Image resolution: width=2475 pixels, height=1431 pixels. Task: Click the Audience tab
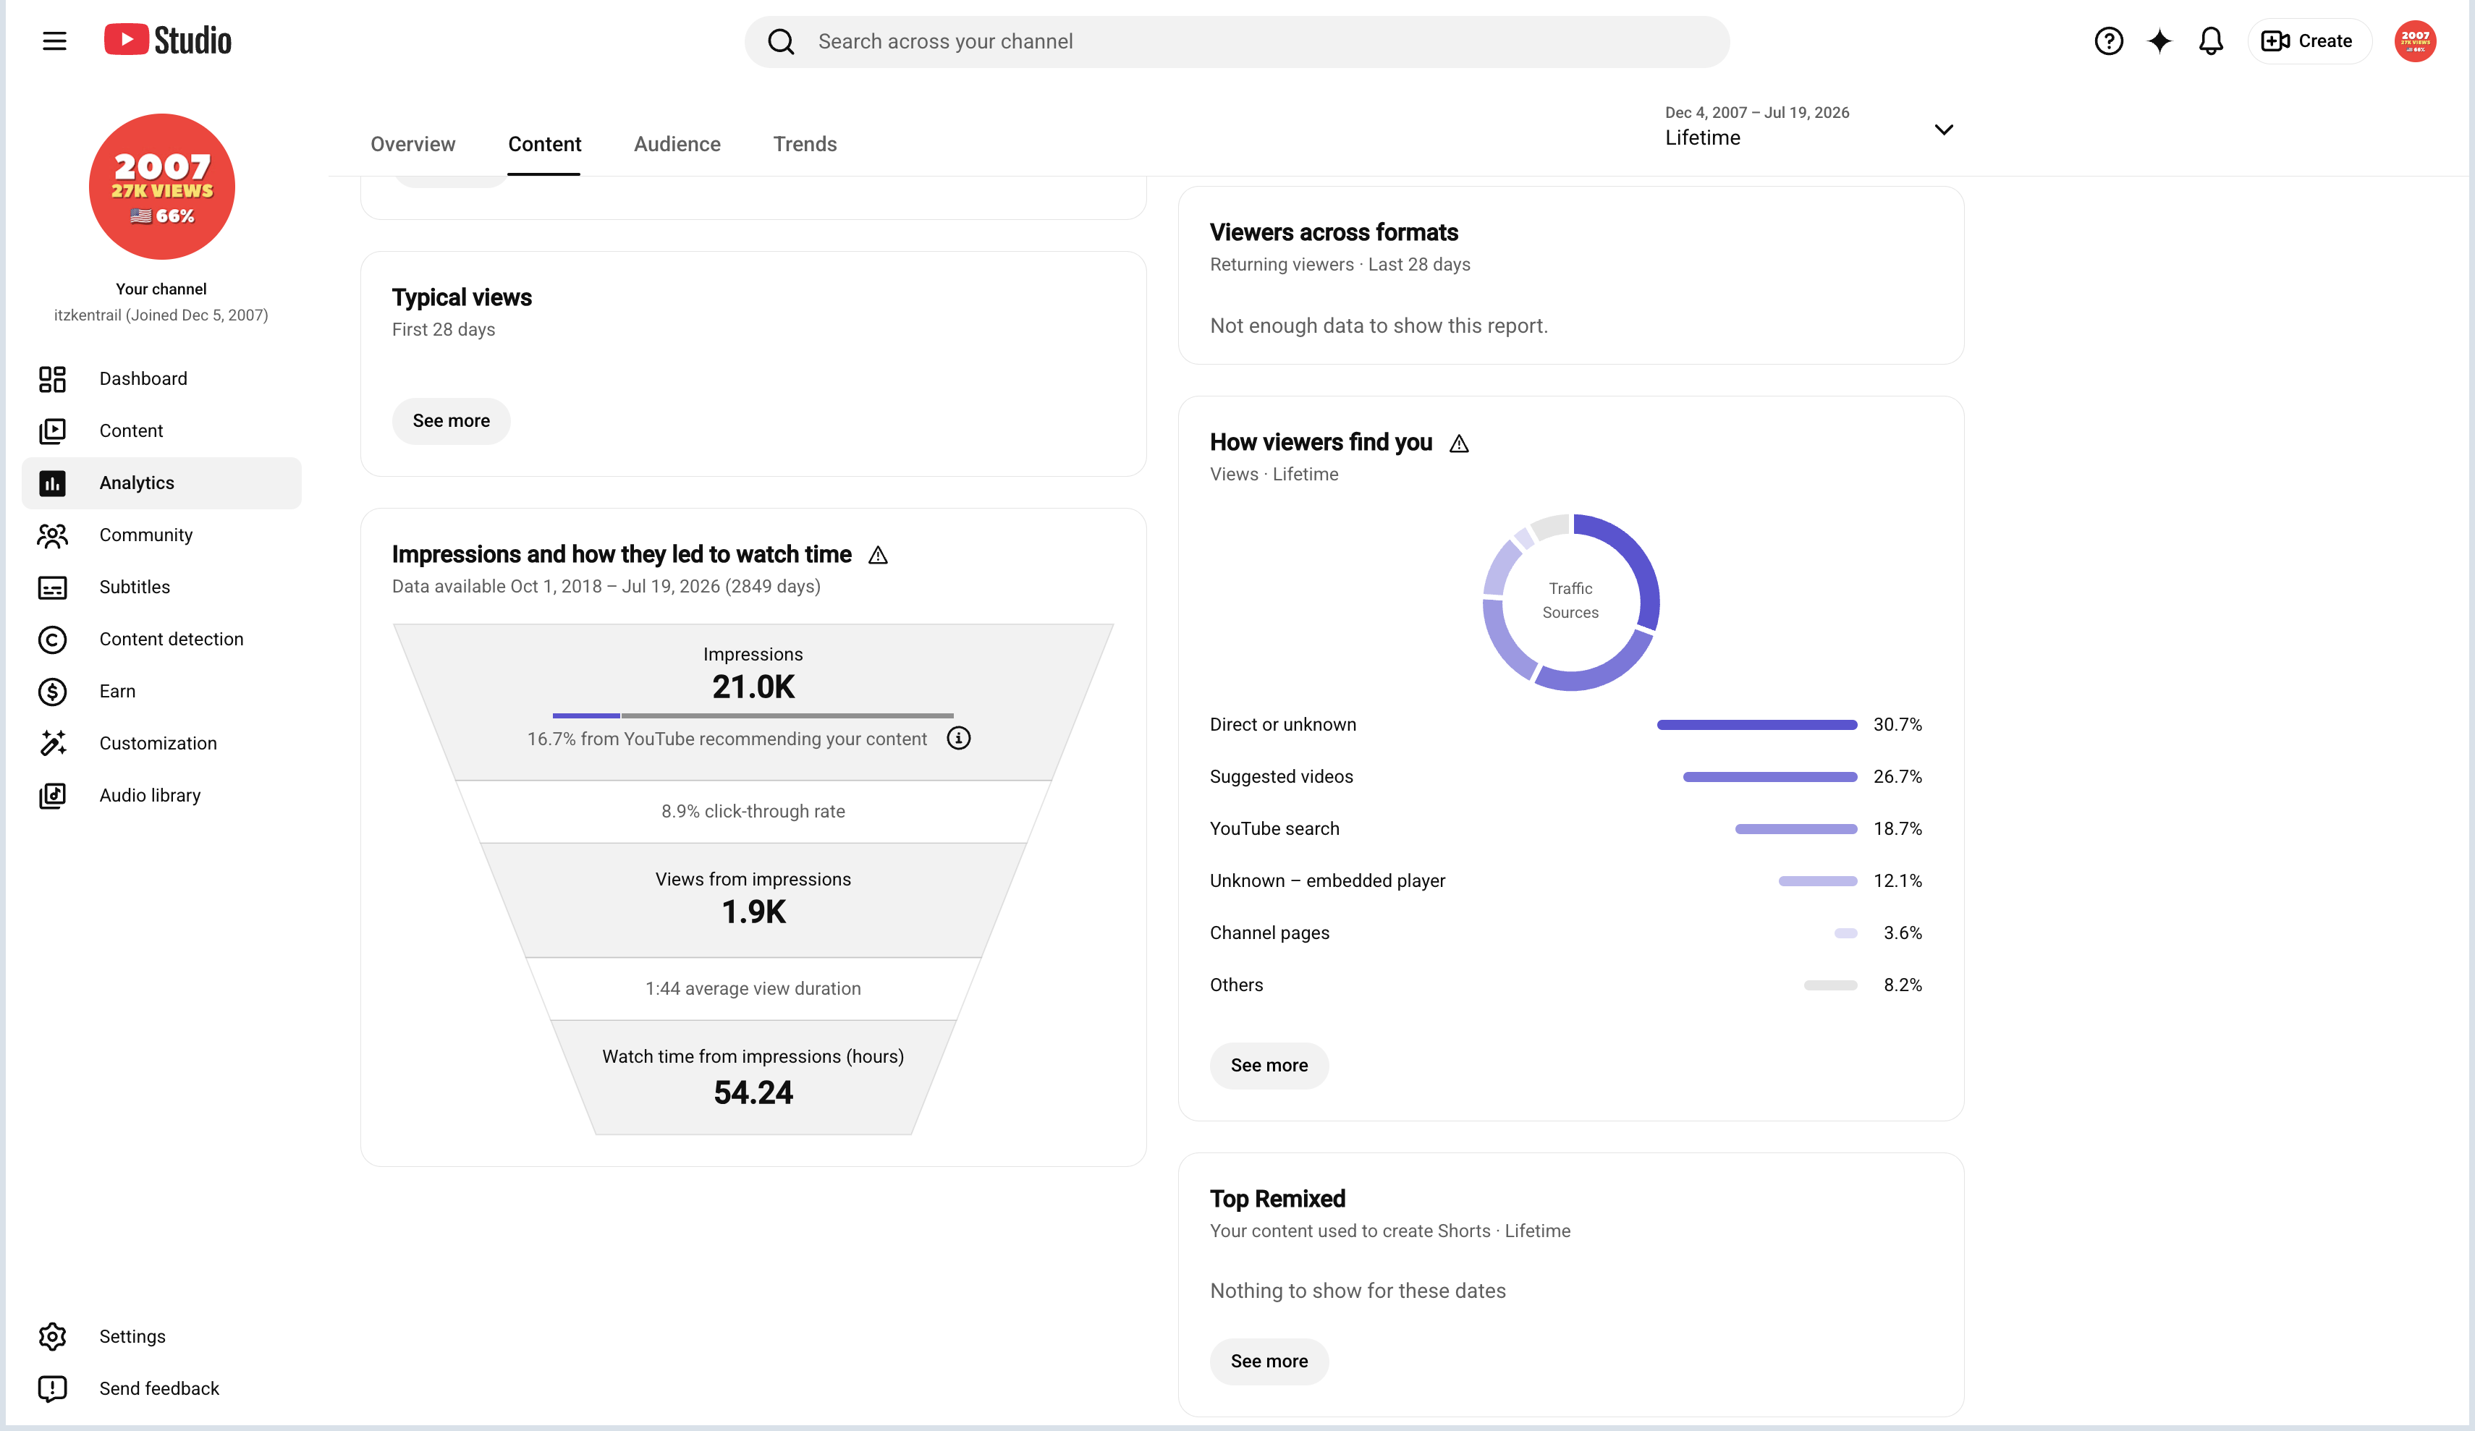677,145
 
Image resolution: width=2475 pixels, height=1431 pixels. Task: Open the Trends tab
805,145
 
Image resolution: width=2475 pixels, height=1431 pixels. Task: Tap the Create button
2308,41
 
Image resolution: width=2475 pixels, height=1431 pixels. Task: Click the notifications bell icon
2210,41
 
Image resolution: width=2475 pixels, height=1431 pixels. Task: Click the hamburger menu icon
55,41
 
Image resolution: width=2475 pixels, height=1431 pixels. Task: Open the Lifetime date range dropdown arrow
1944,129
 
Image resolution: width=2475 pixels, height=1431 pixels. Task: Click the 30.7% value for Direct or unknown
1897,725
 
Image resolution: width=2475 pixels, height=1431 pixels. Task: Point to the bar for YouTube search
1795,829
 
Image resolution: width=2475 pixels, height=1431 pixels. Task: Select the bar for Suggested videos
1770,777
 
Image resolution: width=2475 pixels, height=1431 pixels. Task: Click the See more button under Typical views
451,421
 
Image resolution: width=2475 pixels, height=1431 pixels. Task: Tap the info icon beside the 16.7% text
959,739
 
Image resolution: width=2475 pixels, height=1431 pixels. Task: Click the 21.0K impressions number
753,687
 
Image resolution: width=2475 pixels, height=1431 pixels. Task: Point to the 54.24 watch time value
753,1093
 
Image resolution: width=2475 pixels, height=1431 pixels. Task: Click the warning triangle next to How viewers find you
1460,444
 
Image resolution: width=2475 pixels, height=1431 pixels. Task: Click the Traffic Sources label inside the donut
1570,600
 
